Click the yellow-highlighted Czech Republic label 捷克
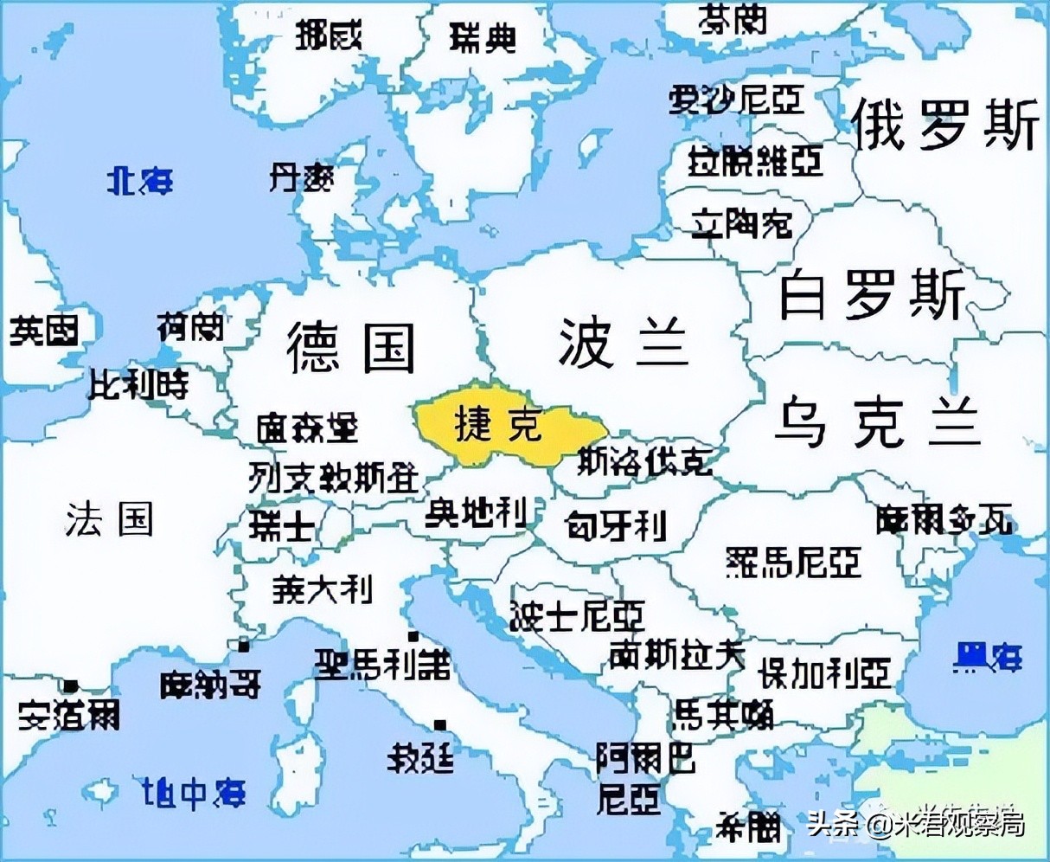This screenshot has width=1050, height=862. [497, 424]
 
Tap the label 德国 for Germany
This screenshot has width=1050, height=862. [352, 346]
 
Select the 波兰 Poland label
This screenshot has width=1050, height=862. [623, 342]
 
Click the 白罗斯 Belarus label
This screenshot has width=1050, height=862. [871, 294]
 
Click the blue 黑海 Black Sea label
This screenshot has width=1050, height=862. [988, 658]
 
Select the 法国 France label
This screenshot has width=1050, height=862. [110, 519]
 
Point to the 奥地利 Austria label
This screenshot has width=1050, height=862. [476, 514]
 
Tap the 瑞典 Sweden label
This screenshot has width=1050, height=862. [483, 38]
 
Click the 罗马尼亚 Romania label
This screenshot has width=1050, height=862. [793, 563]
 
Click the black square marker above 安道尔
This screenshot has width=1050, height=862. [71, 687]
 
